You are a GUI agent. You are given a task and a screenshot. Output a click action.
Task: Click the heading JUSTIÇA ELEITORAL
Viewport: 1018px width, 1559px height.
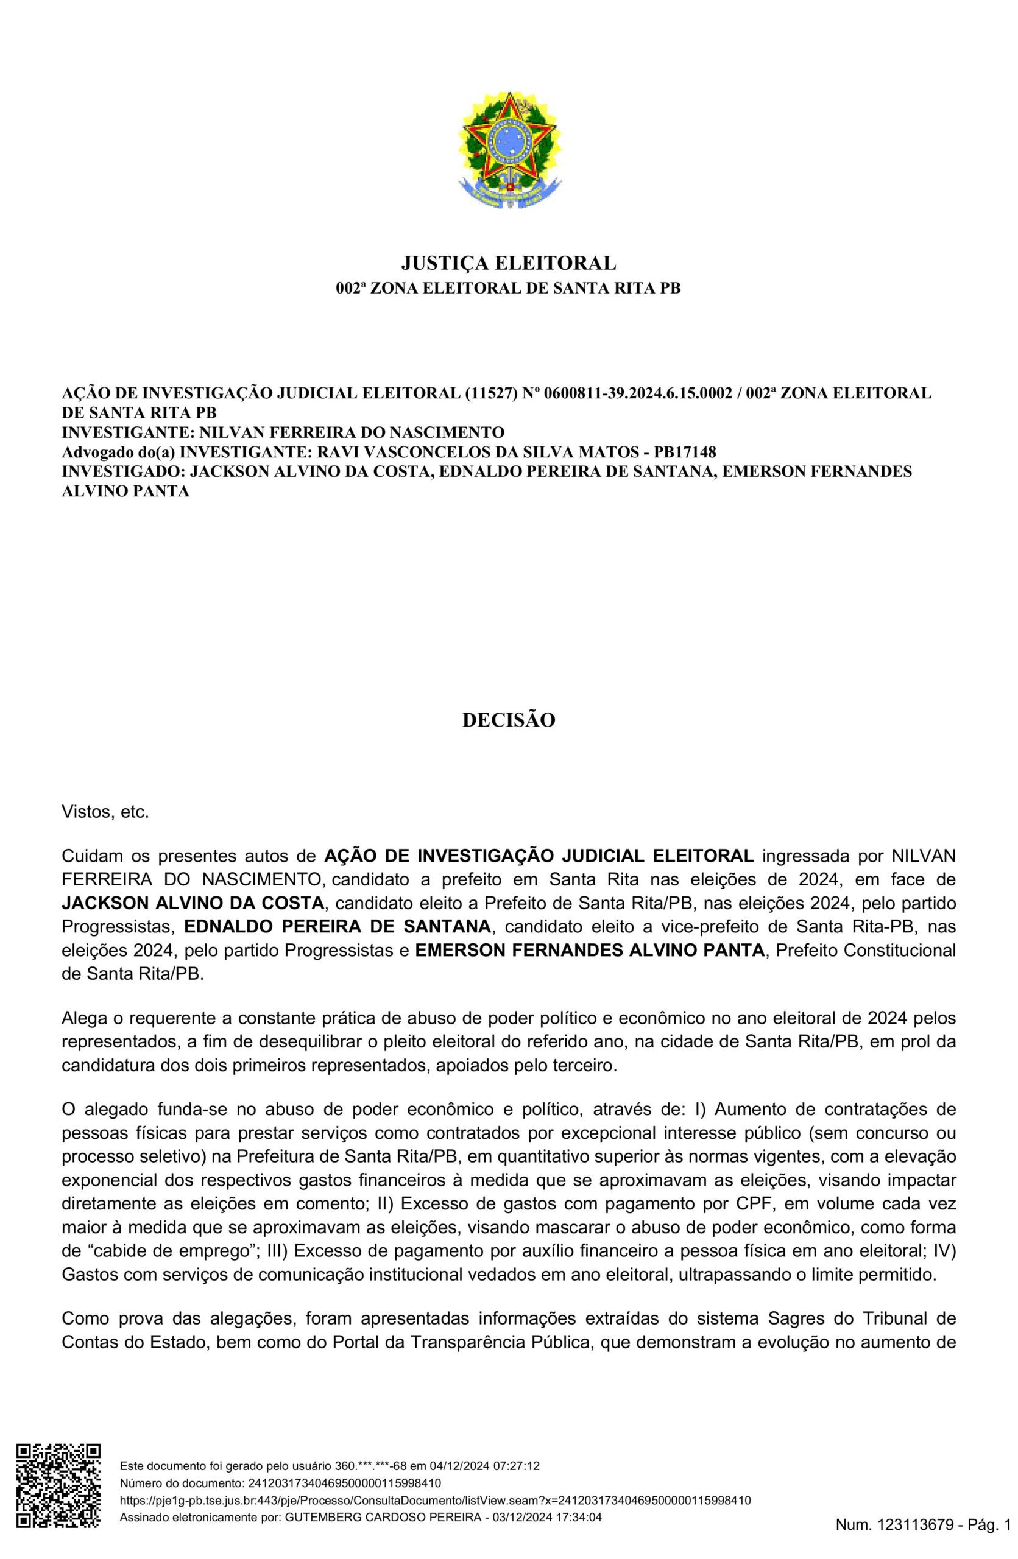tap(508, 263)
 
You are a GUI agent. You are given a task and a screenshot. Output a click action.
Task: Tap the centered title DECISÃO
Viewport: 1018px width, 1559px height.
tap(508, 720)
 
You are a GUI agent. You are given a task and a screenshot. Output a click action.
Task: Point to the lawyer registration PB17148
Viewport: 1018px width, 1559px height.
tap(685, 452)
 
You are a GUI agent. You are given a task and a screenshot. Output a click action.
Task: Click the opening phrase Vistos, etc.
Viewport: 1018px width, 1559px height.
tap(105, 813)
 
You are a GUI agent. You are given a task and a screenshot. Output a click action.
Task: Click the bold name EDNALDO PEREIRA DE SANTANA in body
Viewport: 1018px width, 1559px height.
tap(337, 927)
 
